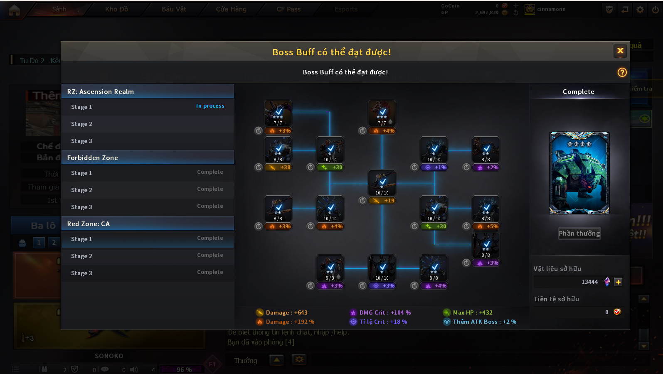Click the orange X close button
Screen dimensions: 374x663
click(620, 51)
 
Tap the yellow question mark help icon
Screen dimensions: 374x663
click(622, 72)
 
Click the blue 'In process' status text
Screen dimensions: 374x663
click(210, 106)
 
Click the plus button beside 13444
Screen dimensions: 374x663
click(618, 282)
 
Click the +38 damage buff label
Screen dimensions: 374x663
click(279, 167)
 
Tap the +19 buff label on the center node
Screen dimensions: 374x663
click(383, 201)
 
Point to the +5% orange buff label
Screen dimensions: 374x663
click(486, 226)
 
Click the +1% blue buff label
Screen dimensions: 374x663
click(435, 167)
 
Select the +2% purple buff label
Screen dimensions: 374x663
click(486, 167)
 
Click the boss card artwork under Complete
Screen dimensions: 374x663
click(579, 173)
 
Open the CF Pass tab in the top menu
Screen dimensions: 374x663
click(288, 9)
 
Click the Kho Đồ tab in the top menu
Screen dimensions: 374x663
click(116, 9)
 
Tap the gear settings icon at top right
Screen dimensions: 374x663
click(640, 10)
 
